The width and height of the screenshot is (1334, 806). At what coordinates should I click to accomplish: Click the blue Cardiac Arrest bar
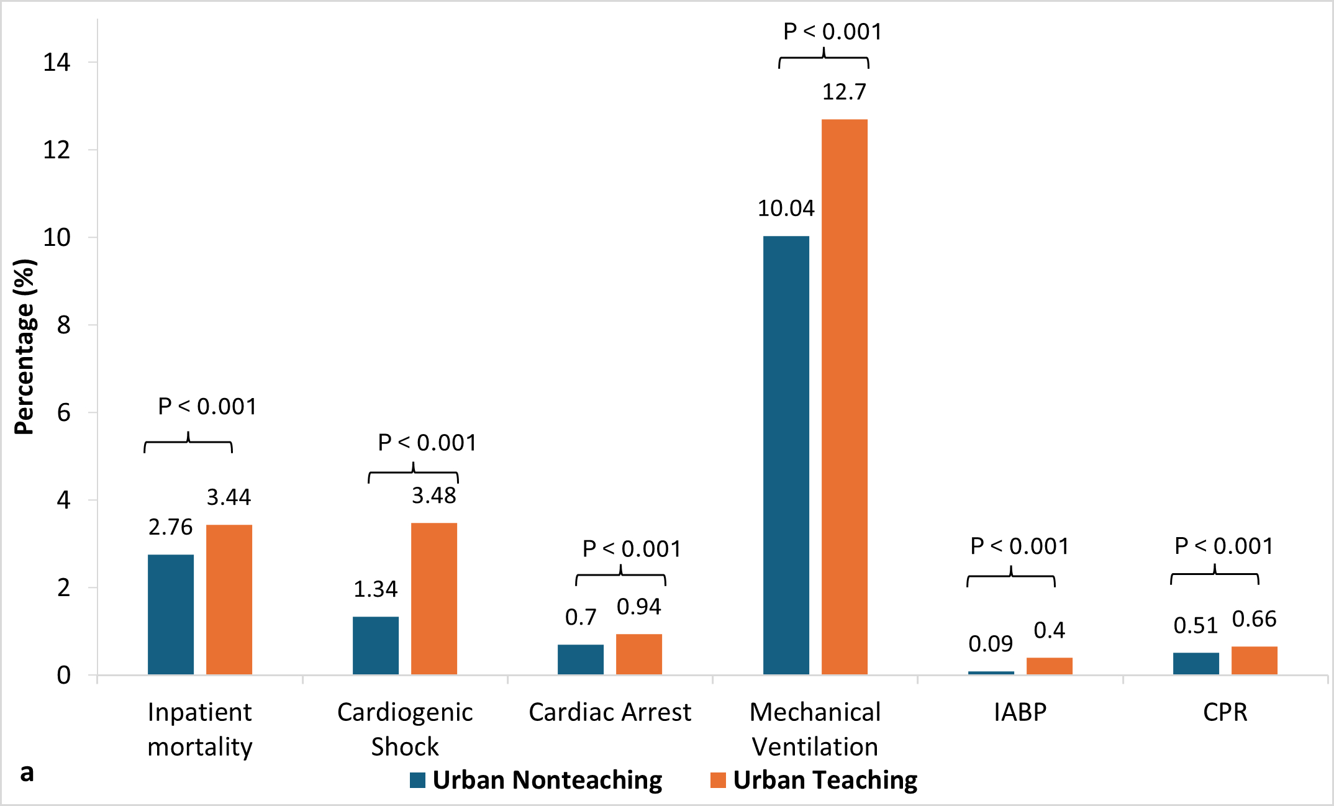click(580, 659)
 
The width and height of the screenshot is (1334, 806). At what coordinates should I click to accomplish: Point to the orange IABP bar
click(1049, 666)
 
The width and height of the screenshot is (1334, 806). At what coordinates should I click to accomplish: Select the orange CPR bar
click(1254, 660)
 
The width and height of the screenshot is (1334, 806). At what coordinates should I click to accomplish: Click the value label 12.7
click(844, 92)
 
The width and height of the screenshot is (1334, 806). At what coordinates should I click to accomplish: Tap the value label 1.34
click(375, 589)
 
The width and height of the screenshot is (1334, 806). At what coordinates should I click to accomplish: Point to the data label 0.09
click(990, 644)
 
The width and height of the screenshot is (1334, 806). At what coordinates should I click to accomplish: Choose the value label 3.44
click(229, 497)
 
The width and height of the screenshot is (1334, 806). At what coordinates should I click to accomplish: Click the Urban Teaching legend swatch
click(718, 780)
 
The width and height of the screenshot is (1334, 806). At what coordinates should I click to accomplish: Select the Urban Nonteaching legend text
click(547, 780)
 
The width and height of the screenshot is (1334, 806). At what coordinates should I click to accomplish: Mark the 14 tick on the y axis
click(57, 62)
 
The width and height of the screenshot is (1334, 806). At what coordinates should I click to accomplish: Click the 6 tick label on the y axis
click(63, 412)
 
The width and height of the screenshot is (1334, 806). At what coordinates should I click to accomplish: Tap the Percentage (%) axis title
click(25, 346)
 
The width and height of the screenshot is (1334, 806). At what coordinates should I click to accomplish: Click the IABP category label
click(1020, 712)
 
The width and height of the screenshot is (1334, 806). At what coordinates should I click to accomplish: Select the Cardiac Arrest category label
click(609, 712)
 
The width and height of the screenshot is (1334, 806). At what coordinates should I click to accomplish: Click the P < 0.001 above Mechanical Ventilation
click(832, 32)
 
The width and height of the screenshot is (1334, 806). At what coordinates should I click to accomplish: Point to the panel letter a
click(27, 772)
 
